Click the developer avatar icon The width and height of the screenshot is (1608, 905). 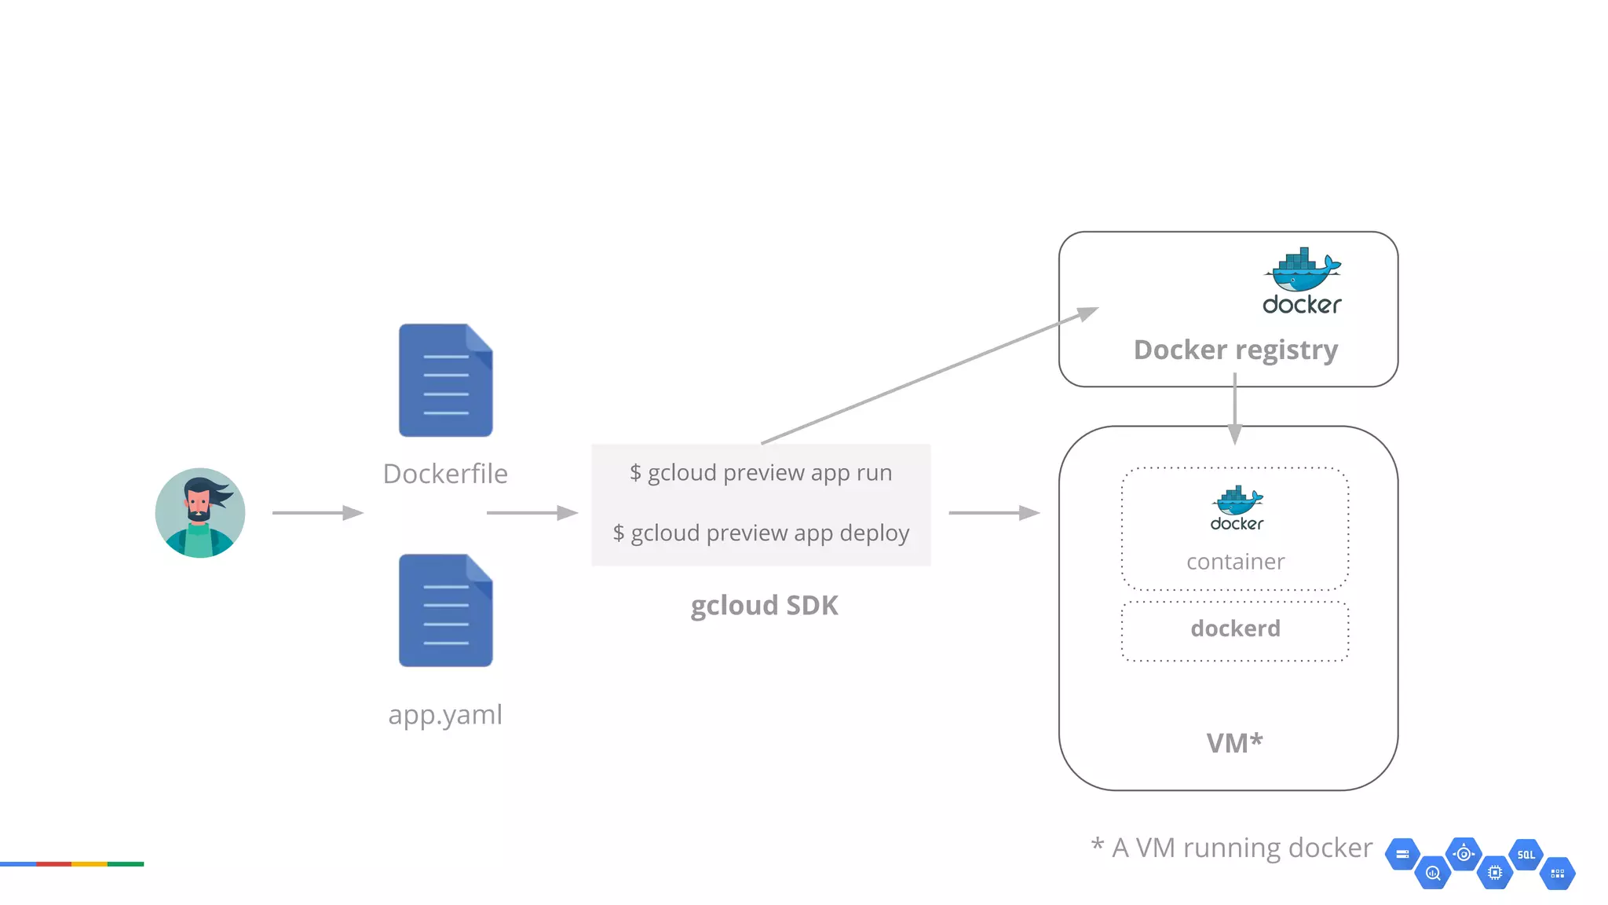pyautogui.click(x=200, y=513)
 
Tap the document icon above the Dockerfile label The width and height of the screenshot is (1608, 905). pyautogui.click(x=445, y=380)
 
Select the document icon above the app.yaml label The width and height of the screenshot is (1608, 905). pyautogui.click(x=445, y=610)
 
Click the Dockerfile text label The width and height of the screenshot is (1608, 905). pyautogui.click(x=445, y=474)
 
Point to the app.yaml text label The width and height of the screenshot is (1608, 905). pyautogui.click(x=445, y=715)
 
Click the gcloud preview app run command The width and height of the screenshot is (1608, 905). pyautogui.click(x=761, y=473)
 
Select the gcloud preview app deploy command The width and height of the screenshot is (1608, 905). pyautogui.click(x=761, y=533)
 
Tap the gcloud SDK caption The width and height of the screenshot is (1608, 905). pyautogui.click(x=764, y=606)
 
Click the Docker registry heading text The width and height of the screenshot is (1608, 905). pyautogui.click(x=1236, y=350)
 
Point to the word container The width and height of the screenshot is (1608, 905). pyautogui.click(x=1235, y=562)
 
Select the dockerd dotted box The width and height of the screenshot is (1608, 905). pyautogui.click(x=1235, y=631)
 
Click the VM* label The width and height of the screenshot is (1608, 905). pyautogui.click(x=1234, y=743)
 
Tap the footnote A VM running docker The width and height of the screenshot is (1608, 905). pyautogui.click(x=1232, y=848)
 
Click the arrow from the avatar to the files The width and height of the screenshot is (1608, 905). pyautogui.click(x=317, y=513)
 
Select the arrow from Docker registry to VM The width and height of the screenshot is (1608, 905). pyautogui.click(x=1234, y=409)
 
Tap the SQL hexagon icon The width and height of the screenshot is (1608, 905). pyautogui.click(x=1526, y=855)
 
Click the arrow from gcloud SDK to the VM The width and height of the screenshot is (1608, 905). pyautogui.click(x=993, y=513)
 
